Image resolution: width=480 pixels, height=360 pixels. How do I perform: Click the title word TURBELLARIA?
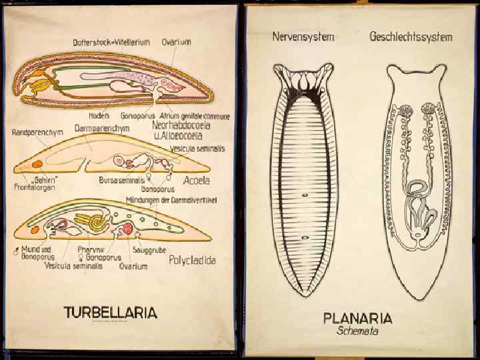pyautogui.click(x=111, y=312)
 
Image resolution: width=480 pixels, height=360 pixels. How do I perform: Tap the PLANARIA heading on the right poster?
pyautogui.click(x=357, y=318)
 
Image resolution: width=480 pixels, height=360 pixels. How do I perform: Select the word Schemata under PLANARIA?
pyautogui.click(x=357, y=331)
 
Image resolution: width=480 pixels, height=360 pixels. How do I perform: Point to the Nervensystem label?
pyautogui.click(x=303, y=37)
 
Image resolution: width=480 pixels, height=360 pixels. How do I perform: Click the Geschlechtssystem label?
pyautogui.click(x=411, y=37)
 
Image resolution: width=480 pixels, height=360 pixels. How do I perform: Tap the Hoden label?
pyautogui.click(x=98, y=115)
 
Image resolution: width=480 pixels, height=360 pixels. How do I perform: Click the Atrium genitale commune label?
pyautogui.click(x=195, y=115)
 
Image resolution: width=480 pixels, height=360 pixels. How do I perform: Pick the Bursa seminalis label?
pyautogui.click(x=122, y=180)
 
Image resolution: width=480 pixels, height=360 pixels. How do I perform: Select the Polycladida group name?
pyautogui.click(x=192, y=260)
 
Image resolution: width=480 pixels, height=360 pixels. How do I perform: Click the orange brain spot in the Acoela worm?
pyautogui.click(x=37, y=163)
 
